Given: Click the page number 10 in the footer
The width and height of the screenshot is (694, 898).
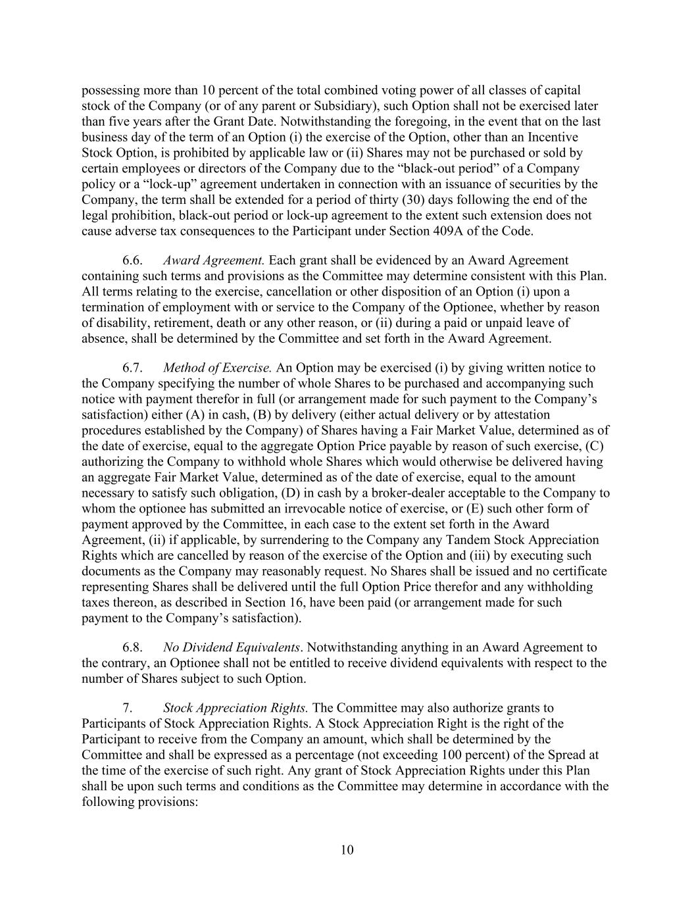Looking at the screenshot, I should (x=347, y=850).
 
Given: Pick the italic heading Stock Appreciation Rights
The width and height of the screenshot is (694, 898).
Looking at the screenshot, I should (x=235, y=709).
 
